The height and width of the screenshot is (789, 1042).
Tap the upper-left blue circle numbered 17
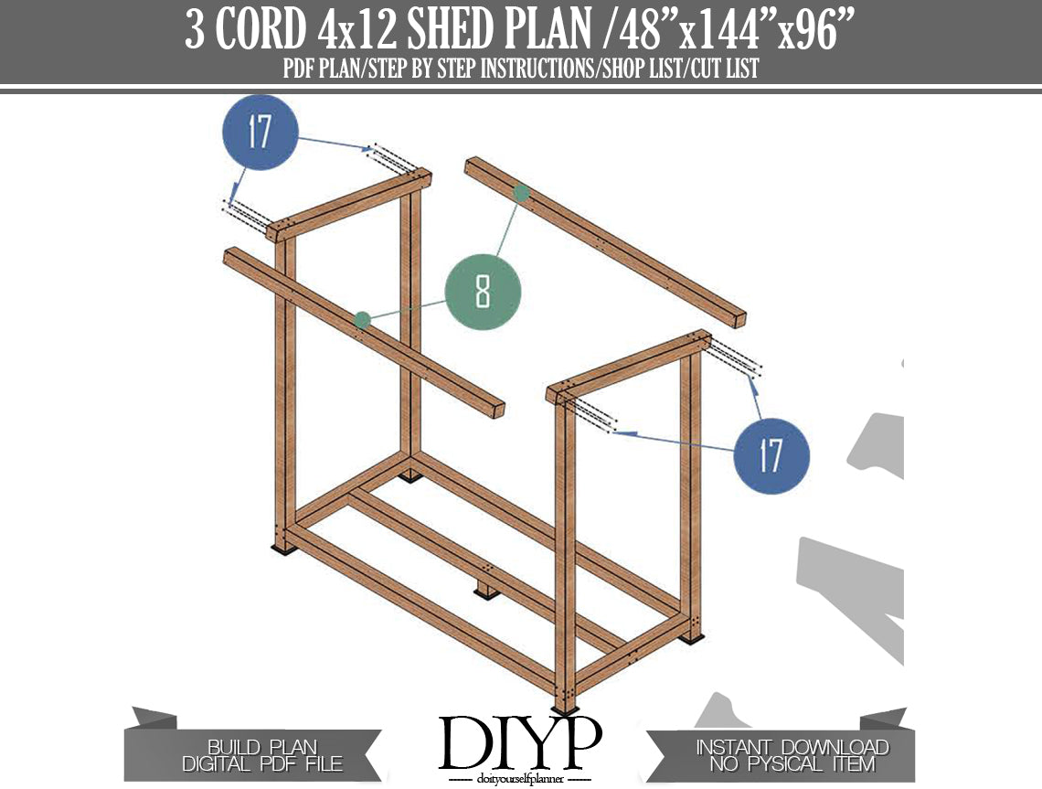click(260, 132)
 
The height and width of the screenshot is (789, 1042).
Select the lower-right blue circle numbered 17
click(771, 456)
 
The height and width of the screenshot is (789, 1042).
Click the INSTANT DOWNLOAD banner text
click(792, 748)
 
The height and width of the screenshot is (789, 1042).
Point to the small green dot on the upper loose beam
click(522, 194)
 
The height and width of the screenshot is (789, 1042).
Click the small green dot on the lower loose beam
click(362, 321)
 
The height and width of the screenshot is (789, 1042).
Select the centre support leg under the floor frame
click(487, 591)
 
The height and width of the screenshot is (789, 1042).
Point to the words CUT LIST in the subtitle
click(724, 69)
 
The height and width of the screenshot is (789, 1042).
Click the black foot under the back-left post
click(410, 476)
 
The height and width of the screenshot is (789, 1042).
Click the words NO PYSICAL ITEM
click(792, 764)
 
